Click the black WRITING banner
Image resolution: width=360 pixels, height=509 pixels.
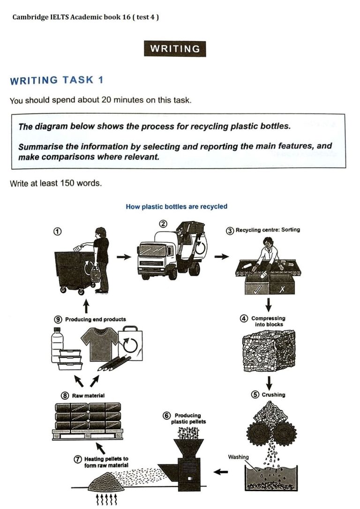tap(175, 49)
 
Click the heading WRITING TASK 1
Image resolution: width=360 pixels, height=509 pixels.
tap(57, 80)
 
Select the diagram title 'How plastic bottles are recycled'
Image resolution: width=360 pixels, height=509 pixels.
tap(176, 206)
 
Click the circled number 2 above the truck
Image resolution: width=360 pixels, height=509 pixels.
tap(163, 224)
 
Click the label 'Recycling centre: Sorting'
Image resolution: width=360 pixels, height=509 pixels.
tap(263, 230)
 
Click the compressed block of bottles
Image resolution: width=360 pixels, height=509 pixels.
tap(268, 351)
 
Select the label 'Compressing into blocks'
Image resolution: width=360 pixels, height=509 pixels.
tap(269, 321)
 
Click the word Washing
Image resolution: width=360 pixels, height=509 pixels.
tap(239, 457)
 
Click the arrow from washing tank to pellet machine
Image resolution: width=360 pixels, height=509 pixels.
tap(220, 472)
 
